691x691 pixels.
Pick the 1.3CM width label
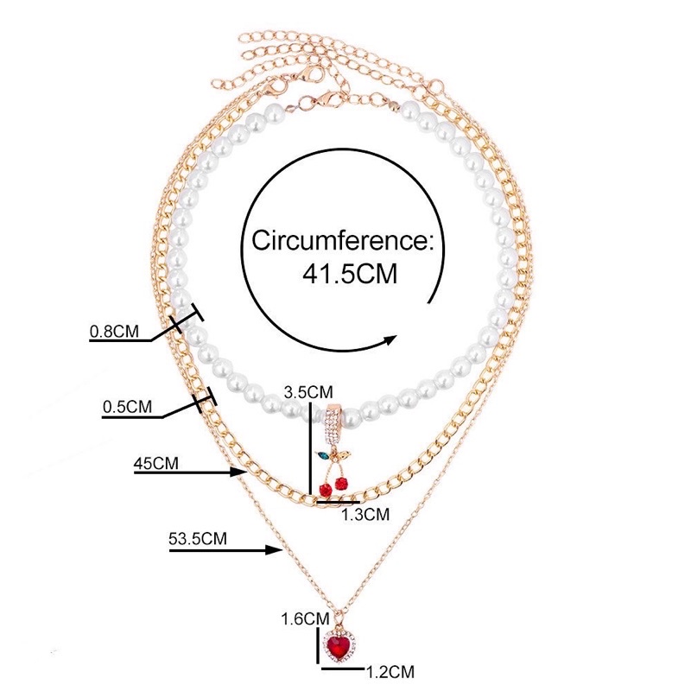(x=367, y=513)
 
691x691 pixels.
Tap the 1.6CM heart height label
(x=306, y=618)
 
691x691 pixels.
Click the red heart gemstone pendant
(x=342, y=643)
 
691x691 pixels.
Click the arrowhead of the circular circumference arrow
(x=389, y=338)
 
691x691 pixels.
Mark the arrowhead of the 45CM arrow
(x=244, y=472)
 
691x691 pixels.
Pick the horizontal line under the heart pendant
(x=345, y=668)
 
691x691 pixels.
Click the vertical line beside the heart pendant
(x=317, y=643)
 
